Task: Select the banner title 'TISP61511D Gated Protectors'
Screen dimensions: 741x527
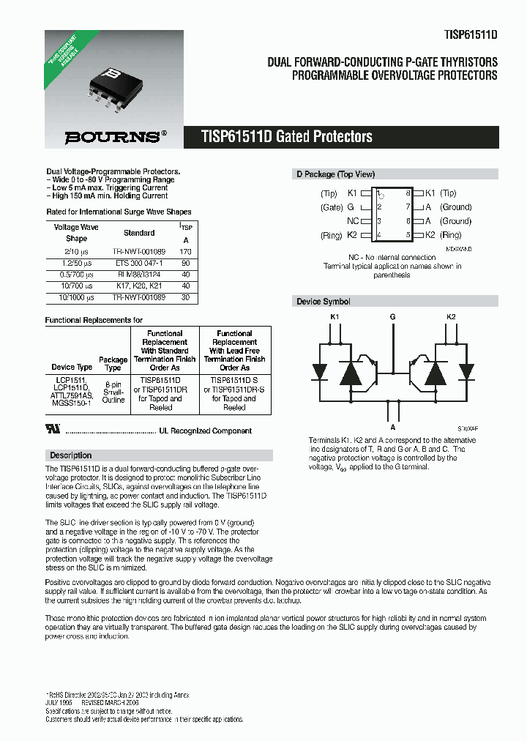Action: coord(287,137)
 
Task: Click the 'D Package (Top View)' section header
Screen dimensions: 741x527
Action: coord(335,174)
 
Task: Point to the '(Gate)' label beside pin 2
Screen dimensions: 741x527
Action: coord(332,207)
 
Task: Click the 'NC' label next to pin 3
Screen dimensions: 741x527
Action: coord(352,221)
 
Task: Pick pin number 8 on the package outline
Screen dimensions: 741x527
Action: coord(408,193)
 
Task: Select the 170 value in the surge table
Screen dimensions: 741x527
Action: coord(185,250)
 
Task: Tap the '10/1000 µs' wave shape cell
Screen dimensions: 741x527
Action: coord(76,298)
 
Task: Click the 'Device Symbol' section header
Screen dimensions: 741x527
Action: coord(323,302)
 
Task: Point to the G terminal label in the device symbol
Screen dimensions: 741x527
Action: coord(393,317)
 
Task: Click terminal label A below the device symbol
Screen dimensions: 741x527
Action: coord(393,427)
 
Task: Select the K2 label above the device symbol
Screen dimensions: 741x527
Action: coord(451,317)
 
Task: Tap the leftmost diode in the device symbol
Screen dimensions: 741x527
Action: coord(320,371)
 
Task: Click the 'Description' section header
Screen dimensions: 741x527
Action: coord(71,455)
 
